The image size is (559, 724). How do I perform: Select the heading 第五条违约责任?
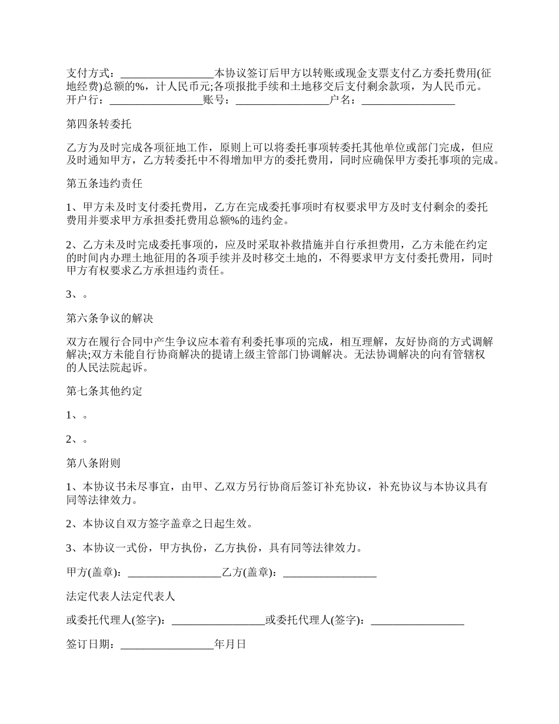[x=104, y=184]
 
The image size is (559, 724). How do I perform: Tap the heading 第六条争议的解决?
[x=109, y=318]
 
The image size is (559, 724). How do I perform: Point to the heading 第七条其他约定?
[x=104, y=391]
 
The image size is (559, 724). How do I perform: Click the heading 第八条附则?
[x=94, y=463]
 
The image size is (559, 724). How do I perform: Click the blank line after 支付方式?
[x=167, y=74]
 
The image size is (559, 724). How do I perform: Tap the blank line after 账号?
[x=282, y=101]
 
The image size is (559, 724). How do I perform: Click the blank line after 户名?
[x=408, y=101]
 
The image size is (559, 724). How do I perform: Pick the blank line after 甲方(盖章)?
[x=175, y=572]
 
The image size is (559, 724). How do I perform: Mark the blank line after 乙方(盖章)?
[x=330, y=572]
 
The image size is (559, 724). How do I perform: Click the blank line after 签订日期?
[x=167, y=645]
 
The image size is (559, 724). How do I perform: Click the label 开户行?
[x=83, y=100]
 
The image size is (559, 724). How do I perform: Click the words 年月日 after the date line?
[x=230, y=644]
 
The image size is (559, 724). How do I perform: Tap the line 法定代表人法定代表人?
[x=121, y=596]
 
